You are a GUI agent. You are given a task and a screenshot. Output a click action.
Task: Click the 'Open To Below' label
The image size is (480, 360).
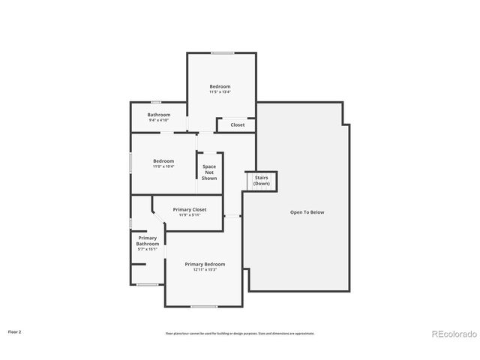(x=307, y=212)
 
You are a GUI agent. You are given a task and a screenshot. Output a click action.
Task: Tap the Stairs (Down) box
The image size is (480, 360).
(x=261, y=181)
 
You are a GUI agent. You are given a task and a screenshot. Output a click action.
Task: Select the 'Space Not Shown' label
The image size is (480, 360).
(x=209, y=172)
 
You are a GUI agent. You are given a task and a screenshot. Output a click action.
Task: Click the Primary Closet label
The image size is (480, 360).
(x=189, y=209)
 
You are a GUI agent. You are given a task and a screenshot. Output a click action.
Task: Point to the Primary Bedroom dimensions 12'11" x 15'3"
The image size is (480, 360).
(x=205, y=269)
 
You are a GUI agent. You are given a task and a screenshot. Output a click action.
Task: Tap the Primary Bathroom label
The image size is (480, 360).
(x=147, y=241)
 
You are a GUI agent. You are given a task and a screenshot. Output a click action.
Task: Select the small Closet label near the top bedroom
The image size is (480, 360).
(x=237, y=124)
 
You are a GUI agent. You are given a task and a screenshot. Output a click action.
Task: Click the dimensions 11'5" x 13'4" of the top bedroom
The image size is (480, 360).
(x=220, y=92)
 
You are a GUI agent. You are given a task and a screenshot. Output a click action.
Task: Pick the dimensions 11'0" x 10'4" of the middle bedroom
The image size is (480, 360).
(x=163, y=166)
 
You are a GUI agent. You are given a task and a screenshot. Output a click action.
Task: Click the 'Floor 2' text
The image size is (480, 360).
(x=15, y=331)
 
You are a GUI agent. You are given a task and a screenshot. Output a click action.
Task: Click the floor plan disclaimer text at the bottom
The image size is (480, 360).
(x=240, y=333)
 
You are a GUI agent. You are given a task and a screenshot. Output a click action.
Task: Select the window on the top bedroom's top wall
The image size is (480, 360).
(x=221, y=52)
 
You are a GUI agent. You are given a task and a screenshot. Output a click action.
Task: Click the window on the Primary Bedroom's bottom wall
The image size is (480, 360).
(x=203, y=306)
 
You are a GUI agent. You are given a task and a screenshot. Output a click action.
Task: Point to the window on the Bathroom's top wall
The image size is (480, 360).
(x=156, y=102)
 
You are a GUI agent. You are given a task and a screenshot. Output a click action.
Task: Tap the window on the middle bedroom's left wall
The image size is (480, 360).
(x=131, y=163)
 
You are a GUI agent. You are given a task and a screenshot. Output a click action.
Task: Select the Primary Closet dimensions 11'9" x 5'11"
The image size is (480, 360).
(x=189, y=215)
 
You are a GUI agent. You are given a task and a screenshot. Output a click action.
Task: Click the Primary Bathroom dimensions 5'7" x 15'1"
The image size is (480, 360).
(x=147, y=249)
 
